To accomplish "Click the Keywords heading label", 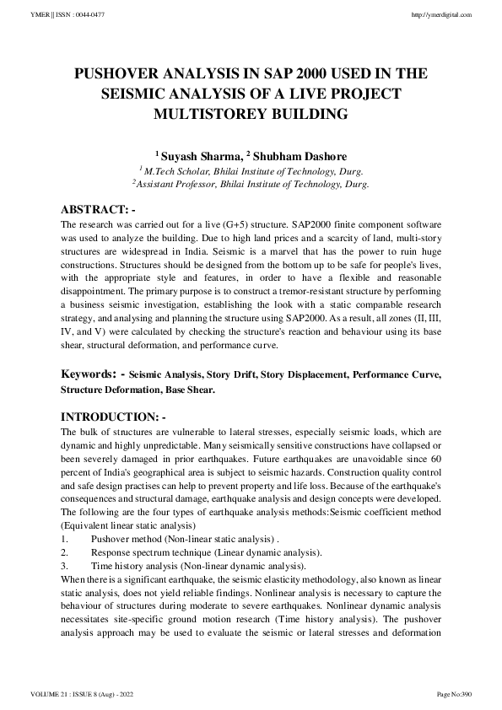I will coord(92,373).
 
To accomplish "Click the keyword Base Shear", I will coord(190,390).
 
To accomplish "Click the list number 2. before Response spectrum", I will coord(65,552).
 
